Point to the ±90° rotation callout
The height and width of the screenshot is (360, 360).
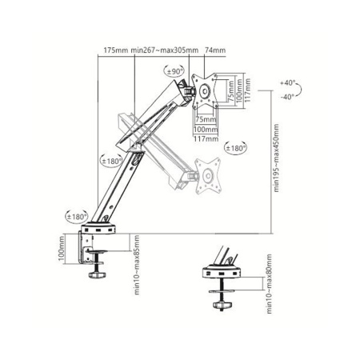pos(176,72)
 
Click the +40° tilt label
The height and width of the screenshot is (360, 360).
pos(288,83)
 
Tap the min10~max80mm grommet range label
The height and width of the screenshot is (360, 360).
pos(270,288)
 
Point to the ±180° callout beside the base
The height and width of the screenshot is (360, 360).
pos(76,216)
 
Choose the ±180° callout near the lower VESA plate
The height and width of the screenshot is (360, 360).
pos(235,148)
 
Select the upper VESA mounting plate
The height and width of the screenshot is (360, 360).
pos(206,92)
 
